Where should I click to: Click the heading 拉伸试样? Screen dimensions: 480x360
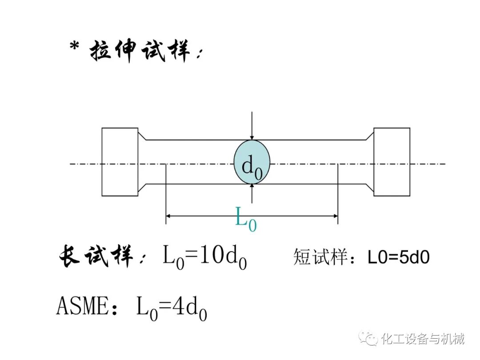coord(141,50)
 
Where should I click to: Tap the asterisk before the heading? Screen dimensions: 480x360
coord(75,46)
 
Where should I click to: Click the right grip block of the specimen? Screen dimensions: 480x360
coord(392,162)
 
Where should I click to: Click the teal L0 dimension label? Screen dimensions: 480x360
coord(246,220)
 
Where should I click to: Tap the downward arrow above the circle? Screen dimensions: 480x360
coord(252,133)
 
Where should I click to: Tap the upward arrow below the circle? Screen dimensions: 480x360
coord(252,189)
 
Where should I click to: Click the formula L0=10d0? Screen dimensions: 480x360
coord(204,258)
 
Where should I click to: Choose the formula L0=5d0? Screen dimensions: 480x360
coord(399,257)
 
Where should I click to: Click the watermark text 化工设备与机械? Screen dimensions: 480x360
coord(423,340)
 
